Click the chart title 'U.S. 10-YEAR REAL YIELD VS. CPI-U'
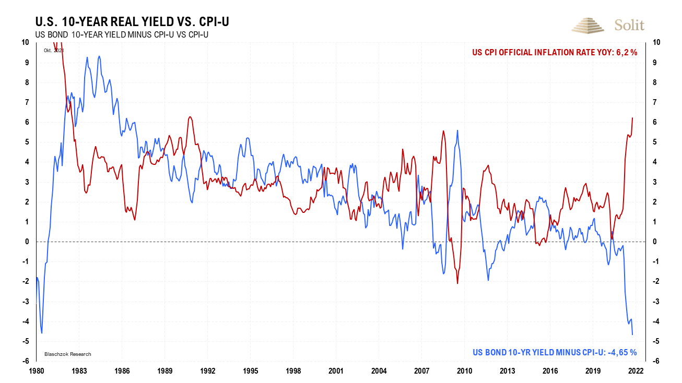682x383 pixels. point(132,22)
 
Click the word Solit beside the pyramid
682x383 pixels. point(629,25)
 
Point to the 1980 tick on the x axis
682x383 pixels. point(36,371)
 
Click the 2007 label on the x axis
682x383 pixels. point(422,371)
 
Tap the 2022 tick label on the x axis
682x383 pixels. point(636,371)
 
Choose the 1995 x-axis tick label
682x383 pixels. point(251,371)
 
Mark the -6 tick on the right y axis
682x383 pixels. point(654,361)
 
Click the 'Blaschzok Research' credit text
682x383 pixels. point(67,354)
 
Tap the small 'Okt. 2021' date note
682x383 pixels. point(53,51)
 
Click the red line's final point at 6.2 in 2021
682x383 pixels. point(632,118)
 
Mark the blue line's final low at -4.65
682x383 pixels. point(632,334)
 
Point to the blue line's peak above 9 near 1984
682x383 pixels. point(99,56)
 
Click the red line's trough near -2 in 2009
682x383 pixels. point(457,283)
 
